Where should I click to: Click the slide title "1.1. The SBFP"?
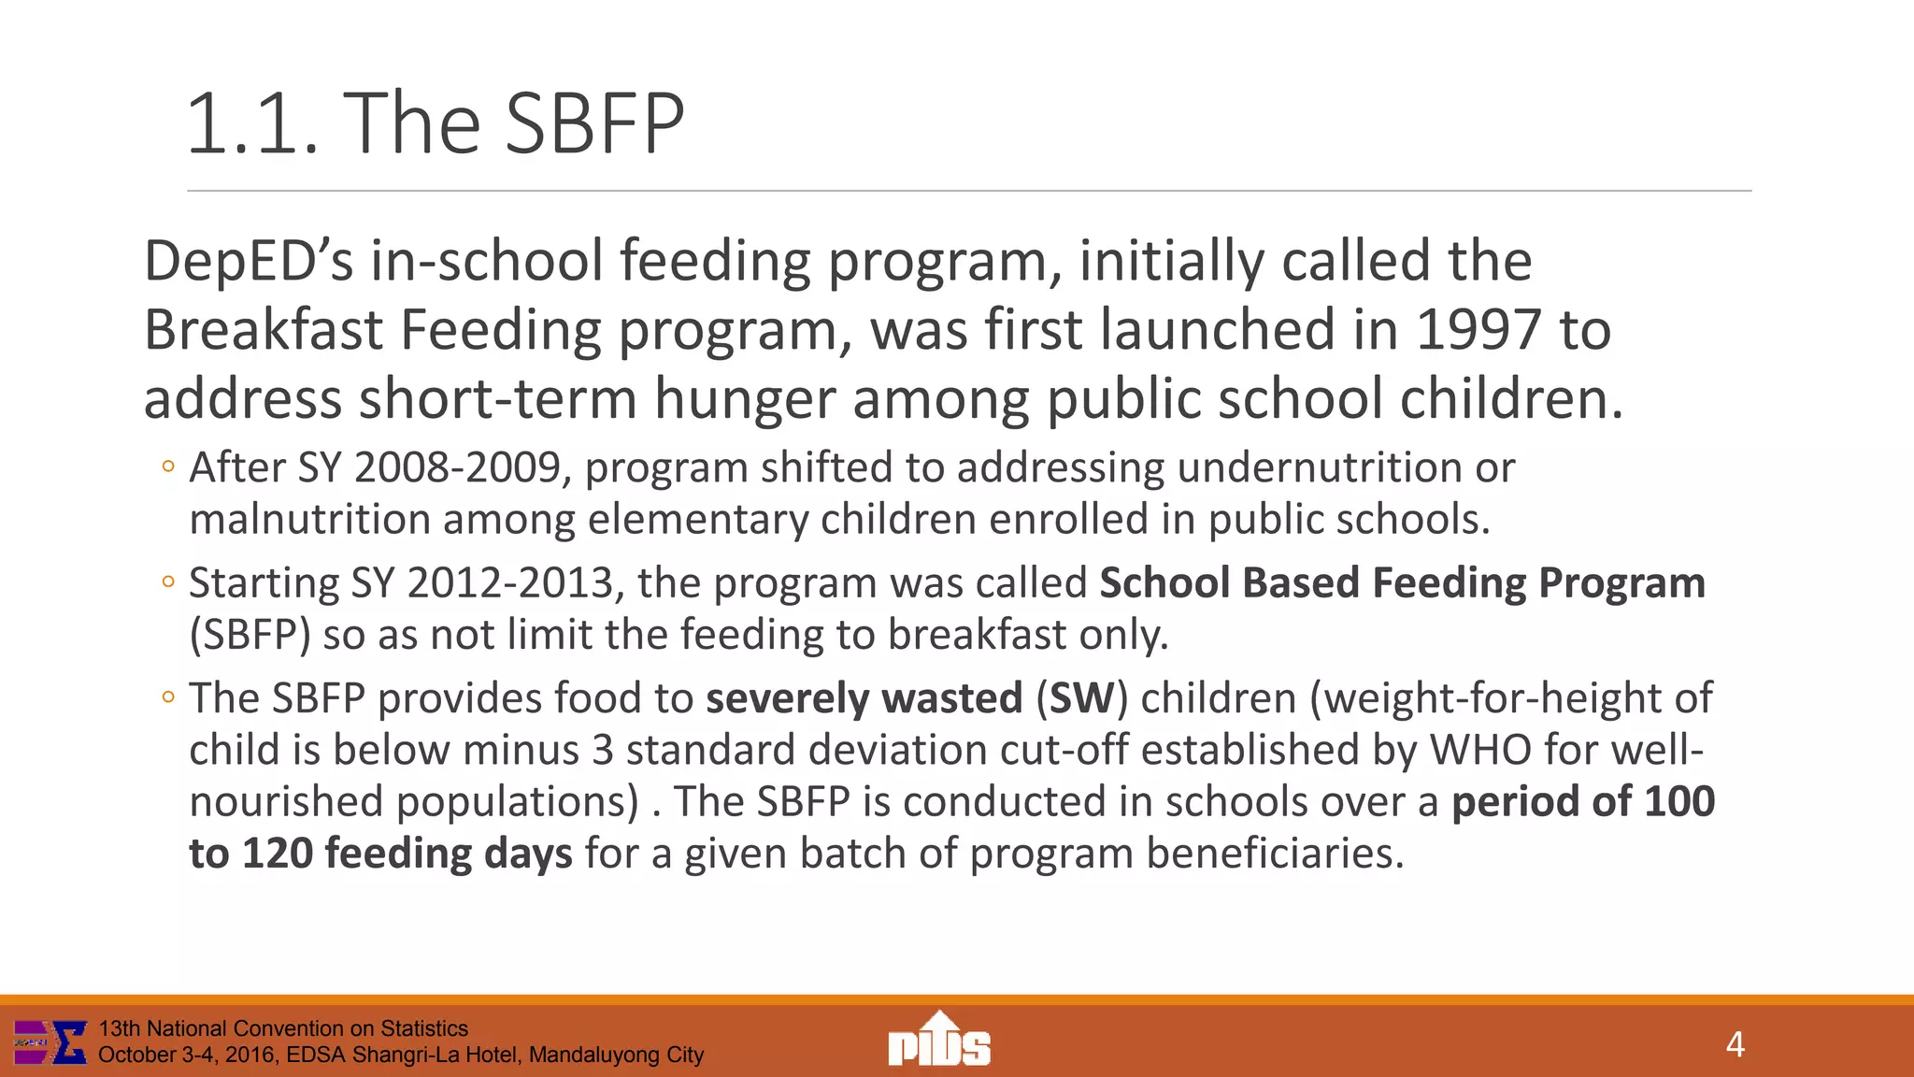436,123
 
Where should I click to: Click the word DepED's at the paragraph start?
249,261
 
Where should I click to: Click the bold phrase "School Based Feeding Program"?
1402,583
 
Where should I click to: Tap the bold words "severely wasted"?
864,698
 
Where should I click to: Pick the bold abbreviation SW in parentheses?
1082,698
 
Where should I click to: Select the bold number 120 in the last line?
277,854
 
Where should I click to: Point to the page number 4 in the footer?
1735,1044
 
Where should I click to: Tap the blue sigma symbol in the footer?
69,1042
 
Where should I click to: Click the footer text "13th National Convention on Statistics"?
283,1028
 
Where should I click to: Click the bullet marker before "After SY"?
168,467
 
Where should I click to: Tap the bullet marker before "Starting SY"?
168,582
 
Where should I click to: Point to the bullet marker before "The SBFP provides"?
168,697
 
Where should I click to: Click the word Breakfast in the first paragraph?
264,330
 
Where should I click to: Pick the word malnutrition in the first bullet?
309,520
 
